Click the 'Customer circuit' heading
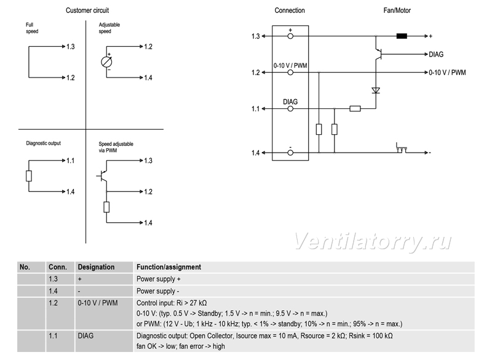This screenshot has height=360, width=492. pyautogui.click(x=87, y=10)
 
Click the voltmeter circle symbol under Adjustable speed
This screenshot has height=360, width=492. pyautogui.click(x=106, y=62)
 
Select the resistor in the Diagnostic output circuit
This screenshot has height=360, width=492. pyautogui.click(x=29, y=176)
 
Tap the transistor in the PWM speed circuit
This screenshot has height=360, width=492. pyautogui.click(x=103, y=176)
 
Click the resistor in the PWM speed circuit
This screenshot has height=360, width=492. pyautogui.click(x=106, y=207)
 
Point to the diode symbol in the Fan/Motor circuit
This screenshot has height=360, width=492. pyautogui.click(x=376, y=90)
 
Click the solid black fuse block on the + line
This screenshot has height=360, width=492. pyautogui.click(x=402, y=36)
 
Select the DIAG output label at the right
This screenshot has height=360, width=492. pyautogui.click(x=436, y=55)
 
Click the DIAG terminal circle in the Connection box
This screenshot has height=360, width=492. pyautogui.click(x=290, y=109)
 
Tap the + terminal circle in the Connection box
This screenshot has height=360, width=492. pyautogui.click(x=290, y=36)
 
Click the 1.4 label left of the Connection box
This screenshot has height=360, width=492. pyautogui.click(x=255, y=153)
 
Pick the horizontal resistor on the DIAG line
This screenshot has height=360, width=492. pyautogui.click(x=355, y=108)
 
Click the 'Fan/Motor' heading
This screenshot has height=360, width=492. pyautogui.click(x=397, y=10)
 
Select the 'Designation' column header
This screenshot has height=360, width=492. pyautogui.click(x=96, y=267)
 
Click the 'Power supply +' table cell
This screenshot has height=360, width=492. pyautogui.click(x=159, y=279)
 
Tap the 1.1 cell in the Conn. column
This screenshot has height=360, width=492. pyautogui.click(x=53, y=336)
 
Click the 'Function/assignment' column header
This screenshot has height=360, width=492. pyautogui.click(x=169, y=267)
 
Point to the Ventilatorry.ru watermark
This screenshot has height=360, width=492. pyautogui.click(x=373, y=242)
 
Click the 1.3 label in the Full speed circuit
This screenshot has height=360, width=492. pyautogui.click(x=71, y=47)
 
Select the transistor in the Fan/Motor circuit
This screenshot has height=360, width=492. pyautogui.click(x=378, y=54)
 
